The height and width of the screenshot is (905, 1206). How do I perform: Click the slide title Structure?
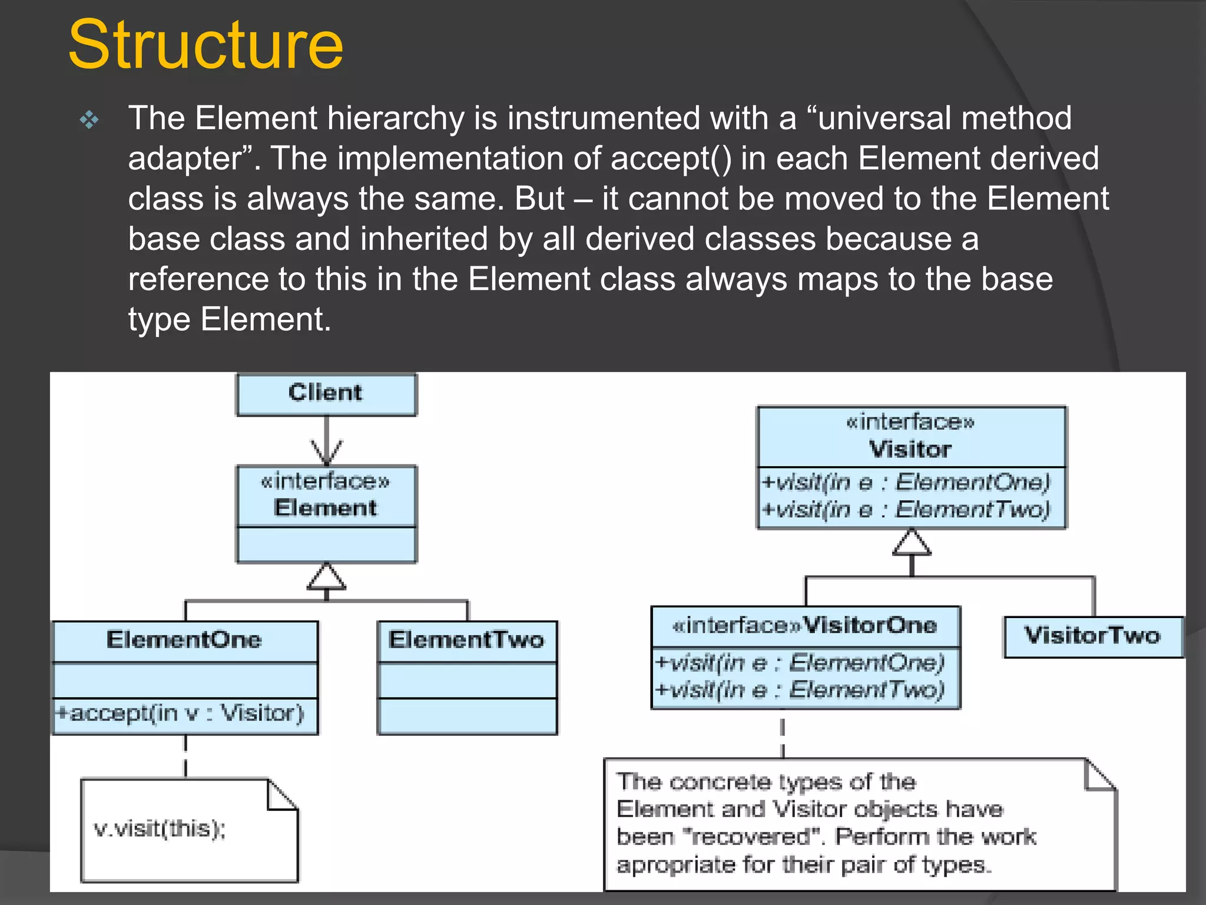coord(206,45)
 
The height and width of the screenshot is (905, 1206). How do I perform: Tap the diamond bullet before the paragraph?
coord(90,120)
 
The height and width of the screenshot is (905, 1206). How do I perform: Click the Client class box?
coord(326,394)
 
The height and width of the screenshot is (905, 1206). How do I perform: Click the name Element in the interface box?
coord(325,508)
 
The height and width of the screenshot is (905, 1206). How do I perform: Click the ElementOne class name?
coord(184,640)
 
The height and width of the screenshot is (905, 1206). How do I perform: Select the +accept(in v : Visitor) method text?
coord(180,714)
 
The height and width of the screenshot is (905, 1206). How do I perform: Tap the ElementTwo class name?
coord(466,640)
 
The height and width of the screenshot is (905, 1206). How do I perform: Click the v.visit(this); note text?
coord(160,829)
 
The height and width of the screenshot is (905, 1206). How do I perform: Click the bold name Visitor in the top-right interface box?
coord(910,450)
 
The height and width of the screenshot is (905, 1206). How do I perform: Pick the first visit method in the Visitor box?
coord(906,483)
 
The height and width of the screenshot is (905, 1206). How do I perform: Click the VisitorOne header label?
coord(805,625)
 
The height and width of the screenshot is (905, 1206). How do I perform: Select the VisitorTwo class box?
coord(1093,636)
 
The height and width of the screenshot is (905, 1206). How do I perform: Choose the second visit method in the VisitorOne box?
coord(800,689)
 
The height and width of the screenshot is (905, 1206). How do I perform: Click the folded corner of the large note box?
coord(1099,775)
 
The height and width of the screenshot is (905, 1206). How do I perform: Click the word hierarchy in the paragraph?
coord(396,119)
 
